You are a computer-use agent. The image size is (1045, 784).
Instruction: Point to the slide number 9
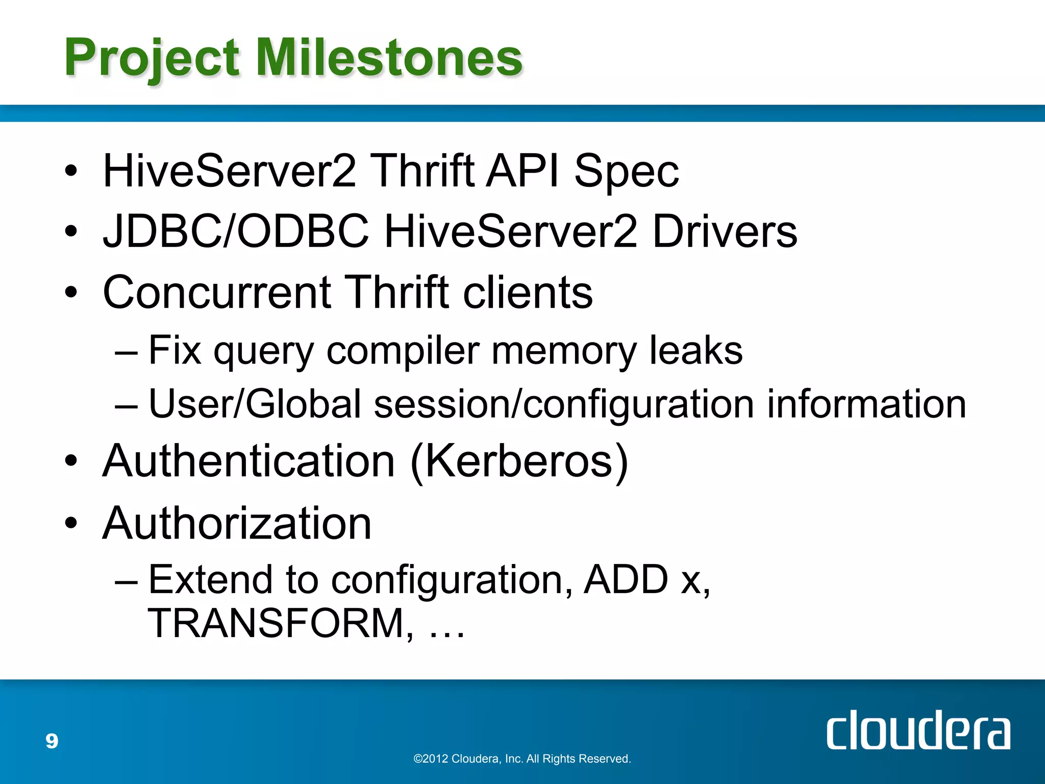[x=52, y=741]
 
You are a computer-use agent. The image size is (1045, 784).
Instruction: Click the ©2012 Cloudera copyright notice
[x=522, y=758]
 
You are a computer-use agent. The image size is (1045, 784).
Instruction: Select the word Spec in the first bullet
[x=626, y=171]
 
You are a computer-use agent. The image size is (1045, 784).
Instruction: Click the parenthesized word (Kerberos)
[x=519, y=461]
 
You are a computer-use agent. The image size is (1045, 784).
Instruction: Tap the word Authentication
[x=249, y=461]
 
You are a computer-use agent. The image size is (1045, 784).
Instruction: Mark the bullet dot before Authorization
[x=71, y=523]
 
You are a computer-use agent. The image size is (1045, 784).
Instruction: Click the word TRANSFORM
[x=276, y=623]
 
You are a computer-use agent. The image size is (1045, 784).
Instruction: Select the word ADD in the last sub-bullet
[x=626, y=580]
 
